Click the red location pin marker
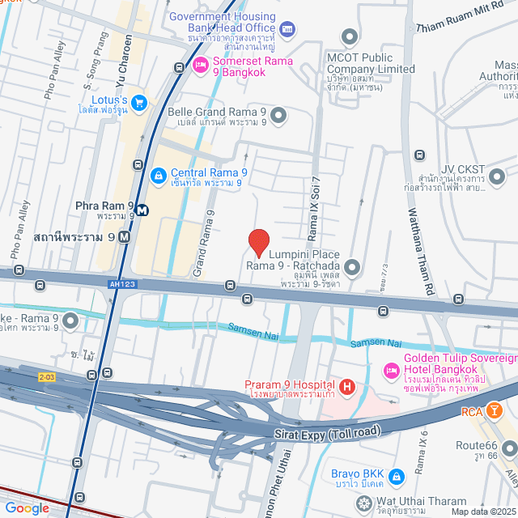pos(258,242)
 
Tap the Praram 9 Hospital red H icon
pos(347,388)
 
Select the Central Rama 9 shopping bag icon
pos(159,173)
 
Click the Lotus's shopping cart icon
pos(138,102)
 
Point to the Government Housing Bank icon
pos(287,30)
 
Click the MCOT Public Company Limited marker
pos(350,36)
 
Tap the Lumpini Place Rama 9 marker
pos(352,266)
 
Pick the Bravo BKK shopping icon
pos(396,474)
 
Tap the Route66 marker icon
pos(509,448)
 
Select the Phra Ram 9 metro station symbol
pos(142,210)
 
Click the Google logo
pos(27,508)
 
